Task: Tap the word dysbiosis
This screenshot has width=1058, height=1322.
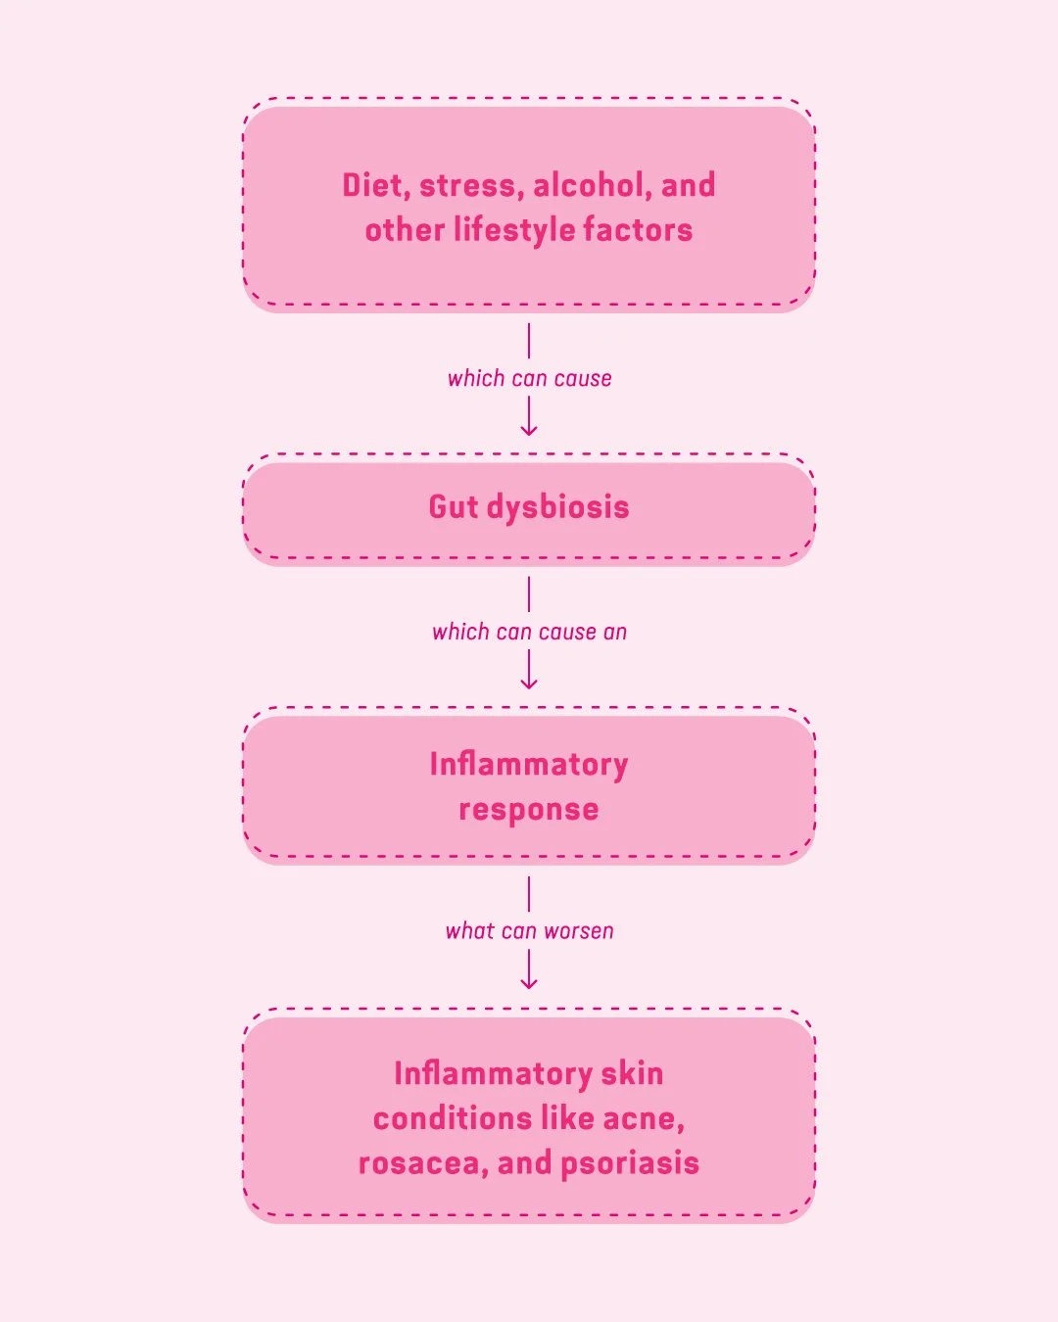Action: [x=557, y=508]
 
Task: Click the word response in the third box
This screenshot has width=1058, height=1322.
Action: [x=529, y=810]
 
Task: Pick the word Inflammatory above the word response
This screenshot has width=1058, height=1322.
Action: [x=529, y=764]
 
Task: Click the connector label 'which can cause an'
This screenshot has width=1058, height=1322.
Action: [x=529, y=633]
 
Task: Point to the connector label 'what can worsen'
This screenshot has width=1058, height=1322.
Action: [x=529, y=931]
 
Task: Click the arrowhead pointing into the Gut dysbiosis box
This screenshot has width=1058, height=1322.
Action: [x=529, y=430]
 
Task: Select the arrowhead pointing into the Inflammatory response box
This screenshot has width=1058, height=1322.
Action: [x=529, y=684]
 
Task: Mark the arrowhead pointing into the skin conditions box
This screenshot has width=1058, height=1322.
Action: [x=529, y=983]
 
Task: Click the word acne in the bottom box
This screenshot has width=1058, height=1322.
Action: [x=642, y=1118]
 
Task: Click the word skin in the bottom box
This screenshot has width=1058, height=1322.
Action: [x=632, y=1073]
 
